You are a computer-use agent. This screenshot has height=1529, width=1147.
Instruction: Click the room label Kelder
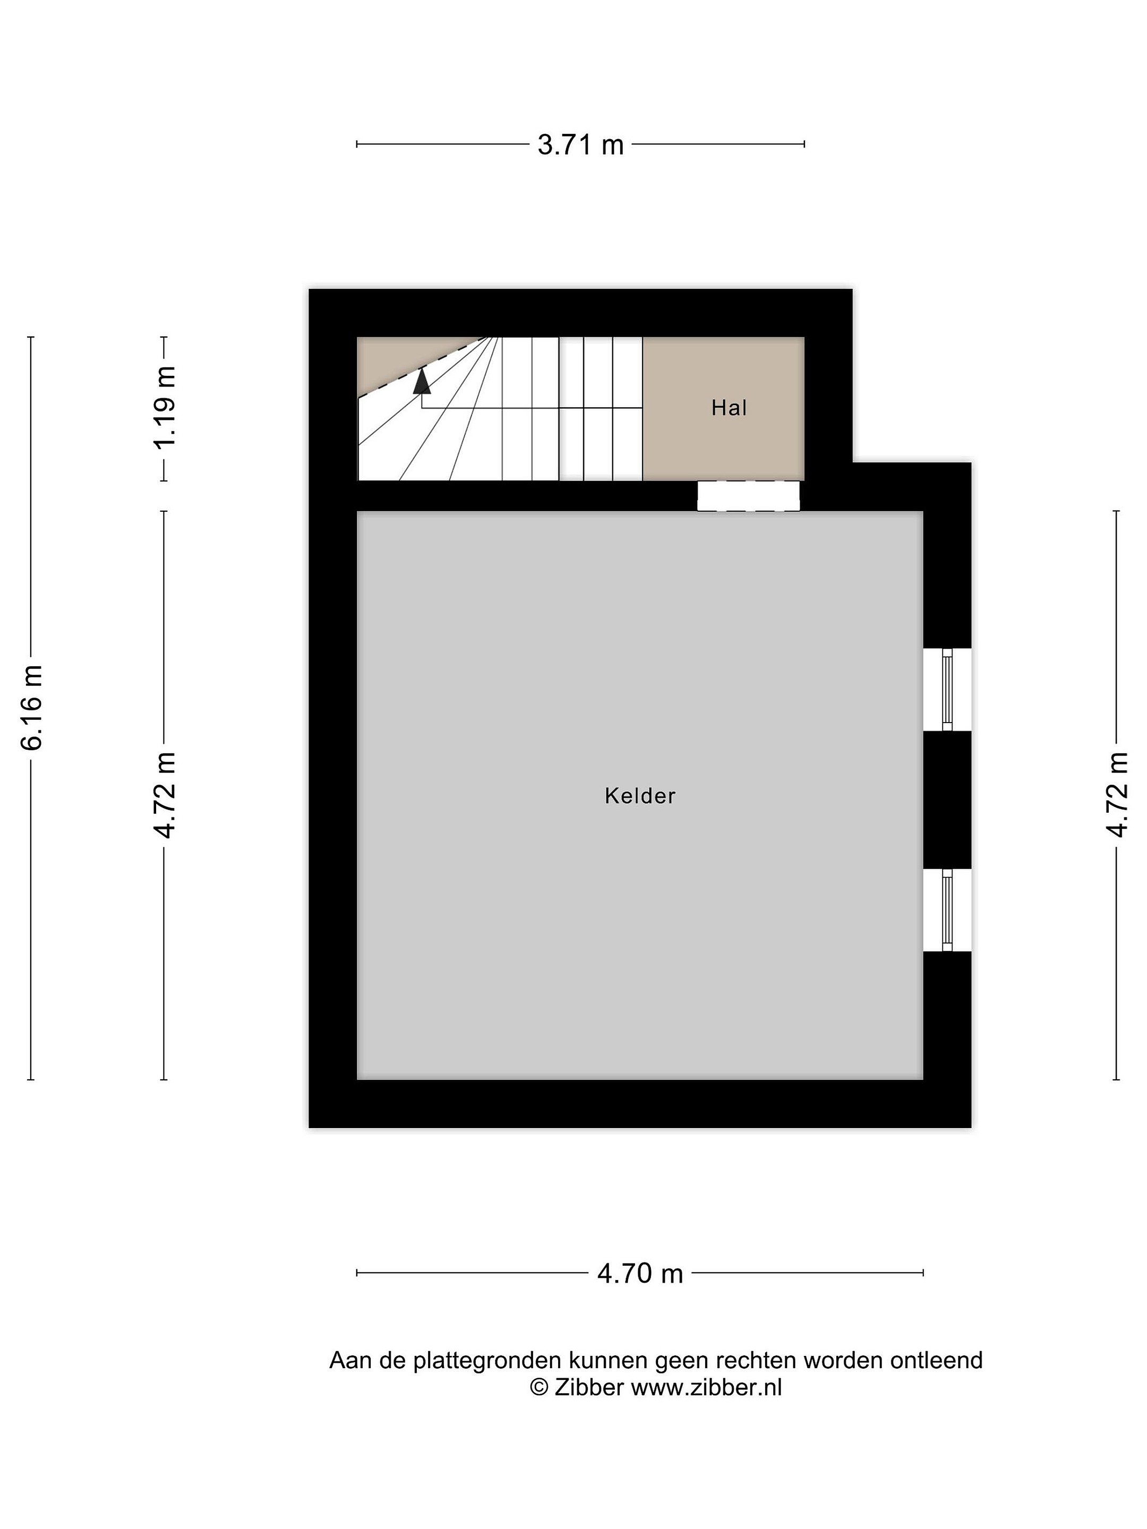(x=639, y=796)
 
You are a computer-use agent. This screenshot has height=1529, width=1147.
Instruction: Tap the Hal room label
(x=729, y=408)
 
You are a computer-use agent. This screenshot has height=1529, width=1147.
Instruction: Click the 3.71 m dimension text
(x=581, y=145)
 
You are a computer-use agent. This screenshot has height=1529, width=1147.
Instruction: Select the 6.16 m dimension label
(x=32, y=707)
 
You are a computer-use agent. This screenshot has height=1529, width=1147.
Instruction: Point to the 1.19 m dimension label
(x=165, y=408)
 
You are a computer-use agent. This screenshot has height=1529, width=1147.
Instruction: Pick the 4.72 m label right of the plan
(x=1117, y=795)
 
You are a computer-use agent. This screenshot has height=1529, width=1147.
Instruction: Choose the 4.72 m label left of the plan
(x=165, y=795)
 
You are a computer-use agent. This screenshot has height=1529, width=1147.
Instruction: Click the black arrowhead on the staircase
(x=422, y=381)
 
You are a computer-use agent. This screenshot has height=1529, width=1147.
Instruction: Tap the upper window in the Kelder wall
(x=947, y=689)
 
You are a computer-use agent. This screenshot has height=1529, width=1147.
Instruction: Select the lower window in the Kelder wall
(x=947, y=910)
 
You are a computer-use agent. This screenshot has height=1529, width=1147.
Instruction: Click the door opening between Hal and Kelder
(x=748, y=496)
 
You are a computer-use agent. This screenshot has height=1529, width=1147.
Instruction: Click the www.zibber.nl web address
(x=706, y=1387)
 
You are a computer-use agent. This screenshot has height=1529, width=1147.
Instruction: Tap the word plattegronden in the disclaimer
(x=487, y=1361)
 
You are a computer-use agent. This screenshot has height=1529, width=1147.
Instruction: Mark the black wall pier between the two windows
(x=947, y=800)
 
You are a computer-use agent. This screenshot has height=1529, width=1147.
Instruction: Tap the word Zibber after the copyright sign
(x=589, y=1387)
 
